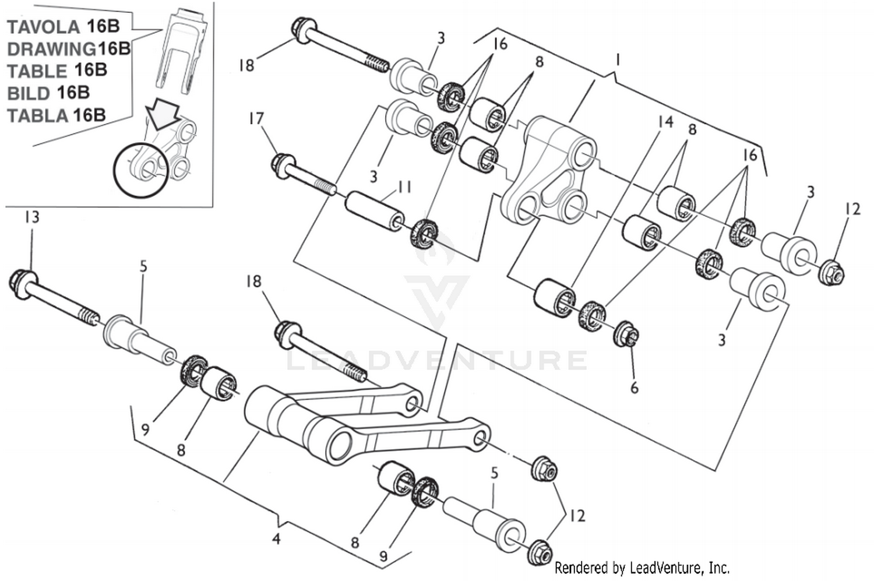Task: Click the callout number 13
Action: (x=31, y=217)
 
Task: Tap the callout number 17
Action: (x=256, y=119)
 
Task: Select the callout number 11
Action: (x=404, y=187)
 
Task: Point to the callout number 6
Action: (x=635, y=387)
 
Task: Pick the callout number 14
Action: (x=665, y=121)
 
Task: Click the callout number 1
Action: (x=617, y=59)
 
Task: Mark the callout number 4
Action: (x=276, y=539)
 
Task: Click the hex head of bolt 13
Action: (x=21, y=281)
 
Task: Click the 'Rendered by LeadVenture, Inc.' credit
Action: (x=642, y=567)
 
